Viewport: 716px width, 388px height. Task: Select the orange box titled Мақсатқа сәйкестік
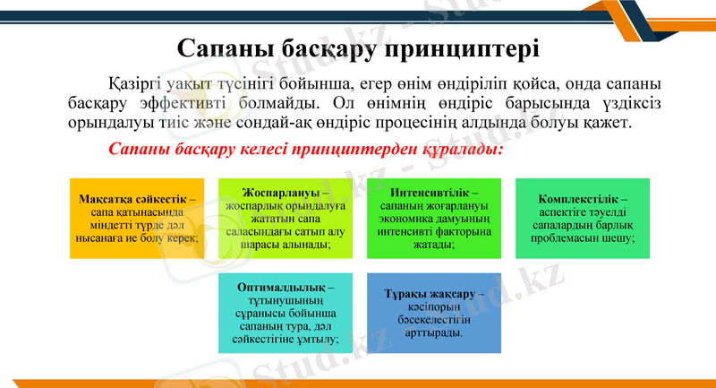137,219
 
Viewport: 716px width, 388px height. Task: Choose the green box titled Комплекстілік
582,219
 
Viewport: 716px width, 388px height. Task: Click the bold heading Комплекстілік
582,199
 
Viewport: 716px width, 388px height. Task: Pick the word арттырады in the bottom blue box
433,332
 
